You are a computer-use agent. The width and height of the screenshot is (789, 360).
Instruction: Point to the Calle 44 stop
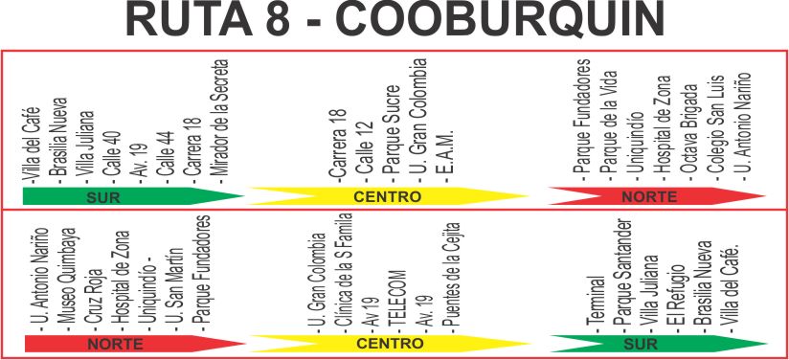point(166,157)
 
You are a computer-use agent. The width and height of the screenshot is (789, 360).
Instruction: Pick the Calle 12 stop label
point(364,151)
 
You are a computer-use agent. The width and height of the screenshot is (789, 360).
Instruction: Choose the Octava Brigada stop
point(689,131)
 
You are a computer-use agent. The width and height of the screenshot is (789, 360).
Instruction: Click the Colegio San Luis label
point(716,128)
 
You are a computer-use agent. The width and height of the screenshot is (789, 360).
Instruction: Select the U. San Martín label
point(174,289)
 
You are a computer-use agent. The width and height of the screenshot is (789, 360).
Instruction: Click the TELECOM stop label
point(397,302)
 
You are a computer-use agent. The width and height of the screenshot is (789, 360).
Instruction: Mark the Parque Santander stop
point(621,275)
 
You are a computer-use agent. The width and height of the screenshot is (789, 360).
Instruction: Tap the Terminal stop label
point(596,304)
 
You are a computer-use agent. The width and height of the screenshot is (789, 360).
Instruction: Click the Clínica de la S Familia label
point(343,273)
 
